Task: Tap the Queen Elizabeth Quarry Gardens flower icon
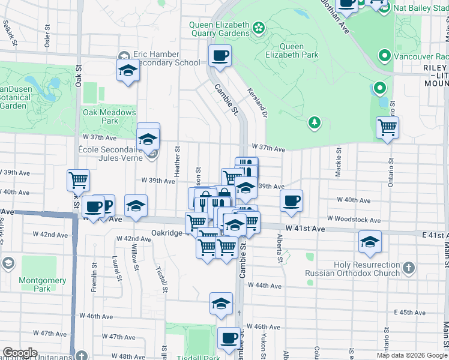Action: [x=259, y=28]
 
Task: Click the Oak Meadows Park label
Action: [x=109, y=116]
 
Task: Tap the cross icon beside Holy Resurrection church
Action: [x=408, y=268]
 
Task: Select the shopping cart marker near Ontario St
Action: [x=388, y=127]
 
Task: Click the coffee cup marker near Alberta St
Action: [x=291, y=201]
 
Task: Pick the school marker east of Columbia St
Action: [x=370, y=242]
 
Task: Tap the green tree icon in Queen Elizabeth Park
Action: [x=314, y=123]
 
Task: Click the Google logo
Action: [x=20, y=353]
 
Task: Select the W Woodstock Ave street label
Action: [x=354, y=220]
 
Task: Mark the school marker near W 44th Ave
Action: [x=221, y=303]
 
